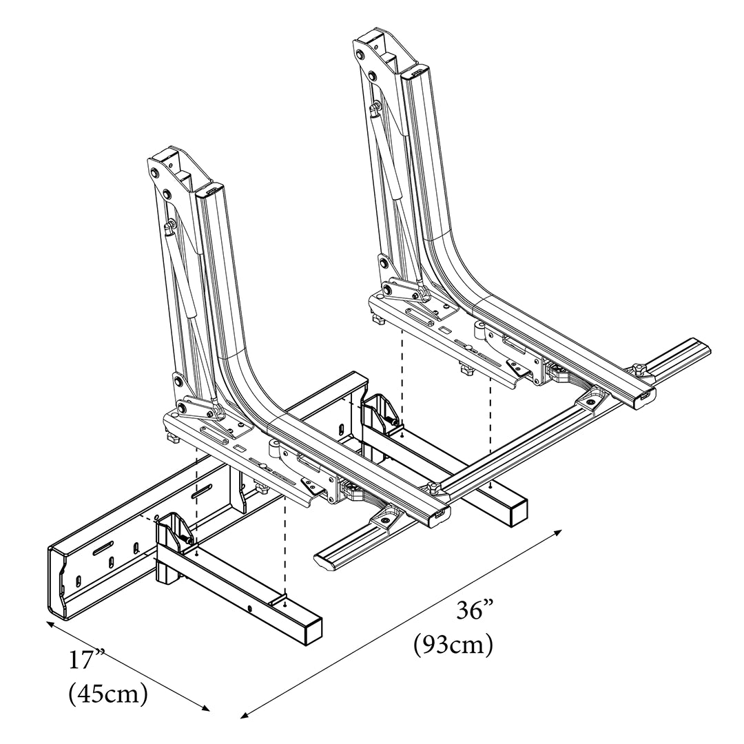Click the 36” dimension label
click(x=476, y=610)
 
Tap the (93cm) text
click(x=453, y=645)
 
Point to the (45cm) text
click(x=109, y=694)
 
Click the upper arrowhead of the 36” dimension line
click(x=559, y=533)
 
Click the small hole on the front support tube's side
click(x=249, y=608)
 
